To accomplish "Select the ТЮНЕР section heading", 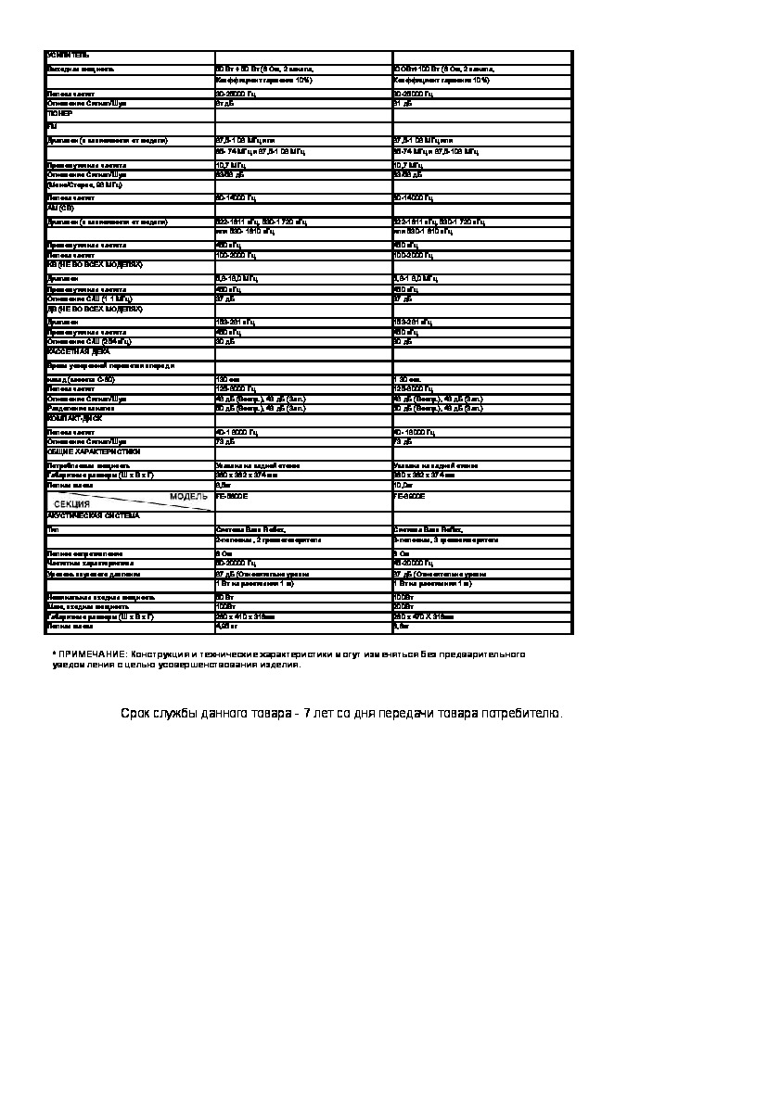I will point(59,113).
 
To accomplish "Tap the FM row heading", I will point(51,125).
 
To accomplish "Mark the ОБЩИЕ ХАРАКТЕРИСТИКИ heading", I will point(94,451).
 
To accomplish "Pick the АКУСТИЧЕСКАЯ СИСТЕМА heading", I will point(93,515).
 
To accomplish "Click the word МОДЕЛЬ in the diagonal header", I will point(188,497).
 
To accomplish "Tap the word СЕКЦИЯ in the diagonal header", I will point(71,504).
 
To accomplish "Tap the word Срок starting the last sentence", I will point(136,714).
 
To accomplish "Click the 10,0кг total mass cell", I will point(403,484).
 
